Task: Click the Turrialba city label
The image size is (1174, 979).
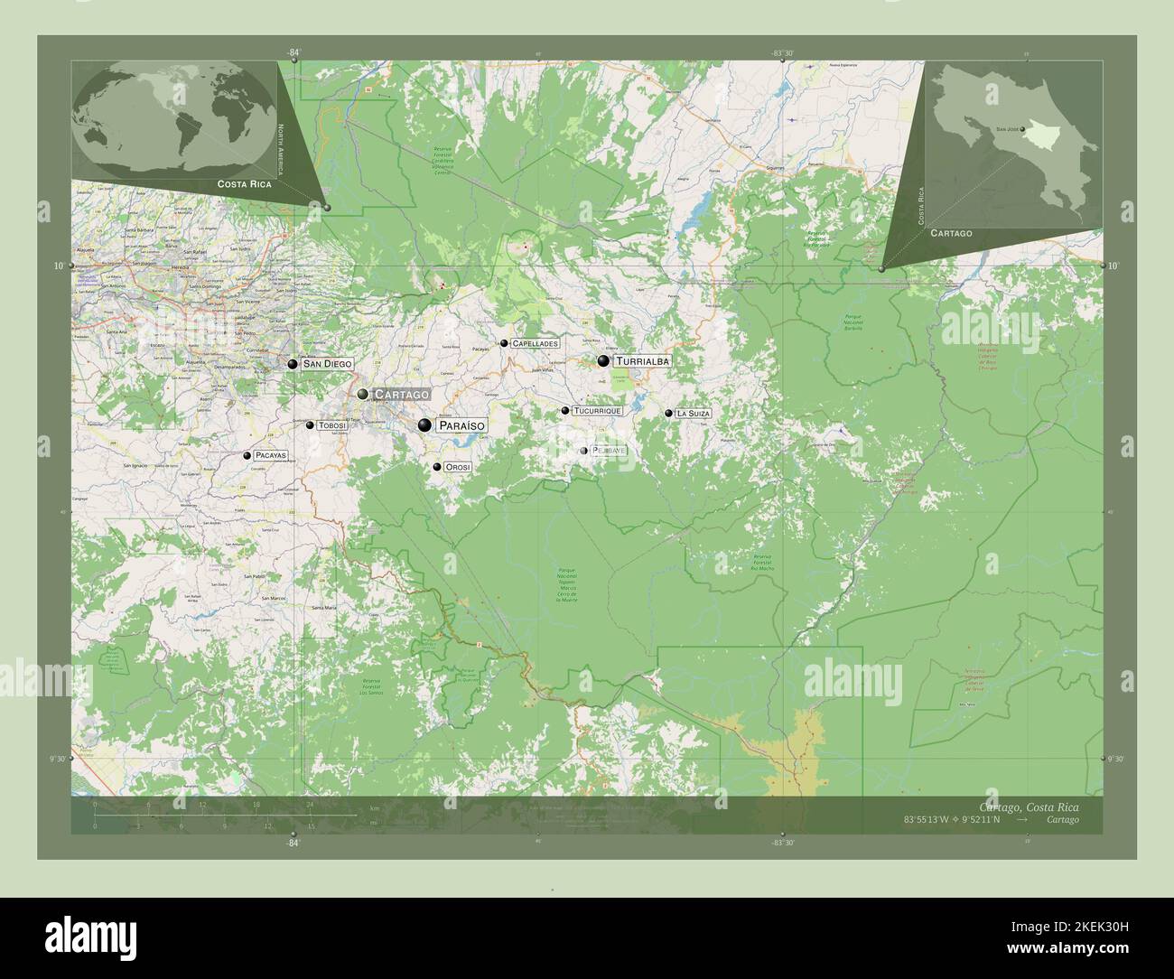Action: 643,361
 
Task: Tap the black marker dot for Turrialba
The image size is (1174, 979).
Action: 603,361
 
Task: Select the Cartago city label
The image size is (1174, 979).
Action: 402,395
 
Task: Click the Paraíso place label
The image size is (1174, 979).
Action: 461,425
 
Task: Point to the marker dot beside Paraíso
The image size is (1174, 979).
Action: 424,425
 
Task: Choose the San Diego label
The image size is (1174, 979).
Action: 327,364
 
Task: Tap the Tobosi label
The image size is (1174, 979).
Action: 333,424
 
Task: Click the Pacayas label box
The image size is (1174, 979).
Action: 271,456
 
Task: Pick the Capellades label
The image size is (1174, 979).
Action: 536,343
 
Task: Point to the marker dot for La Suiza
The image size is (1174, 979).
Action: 669,413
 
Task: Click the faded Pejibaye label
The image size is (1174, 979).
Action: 608,450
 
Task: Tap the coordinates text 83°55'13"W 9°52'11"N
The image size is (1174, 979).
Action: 952,820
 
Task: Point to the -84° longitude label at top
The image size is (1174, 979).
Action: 293,53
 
